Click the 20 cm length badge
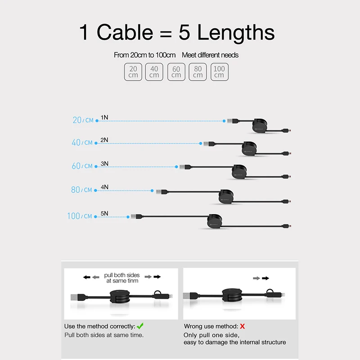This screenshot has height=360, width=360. tap(133, 72)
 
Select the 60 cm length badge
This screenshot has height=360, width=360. tap(176, 72)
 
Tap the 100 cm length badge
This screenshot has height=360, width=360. tap(219, 72)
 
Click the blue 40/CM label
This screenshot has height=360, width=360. tap(82, 143)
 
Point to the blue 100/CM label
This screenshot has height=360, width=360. tap(79, 216)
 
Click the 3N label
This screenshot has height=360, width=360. tap(104, 163)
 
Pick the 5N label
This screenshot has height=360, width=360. tap(104, 214)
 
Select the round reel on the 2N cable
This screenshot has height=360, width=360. tap(249, 148)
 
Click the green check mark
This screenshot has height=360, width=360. tap(140, 326)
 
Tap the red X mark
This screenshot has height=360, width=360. tap(242, 326)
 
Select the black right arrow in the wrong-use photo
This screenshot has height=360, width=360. tap(266, 278)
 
